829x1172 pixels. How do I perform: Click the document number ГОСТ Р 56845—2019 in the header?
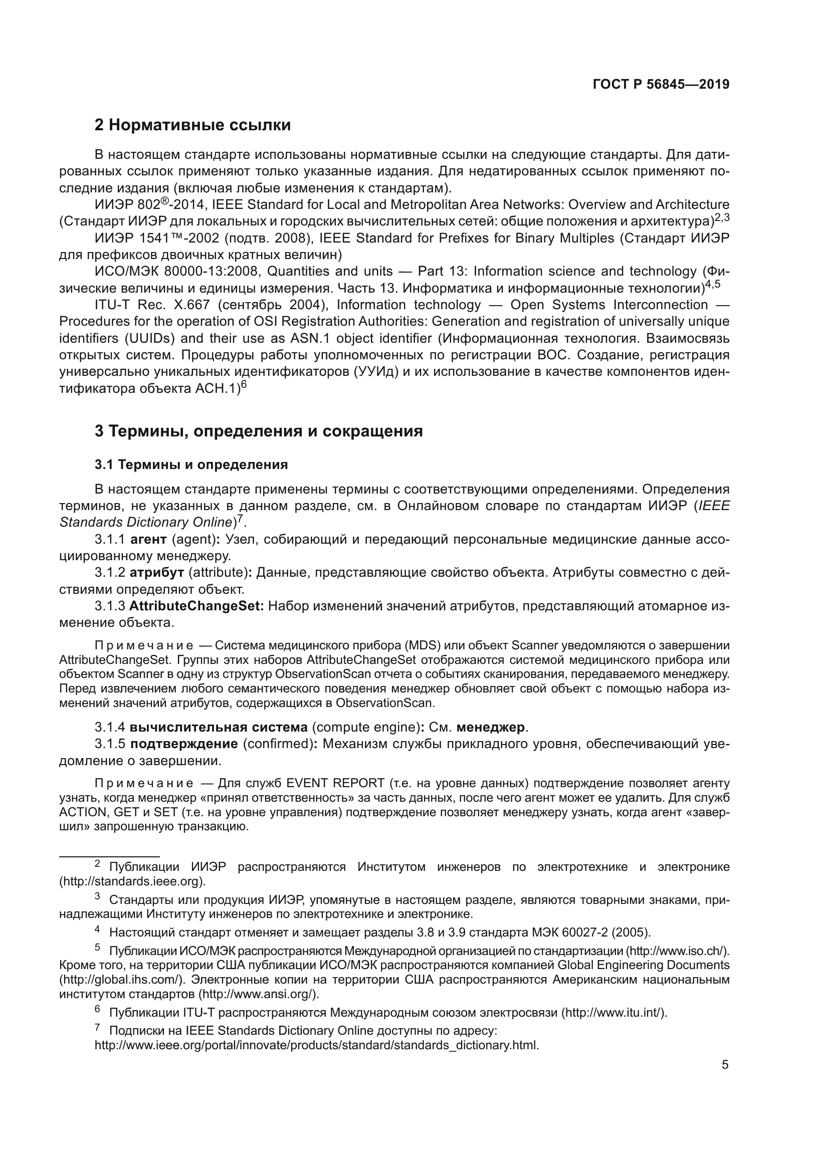click(x=661, y=85)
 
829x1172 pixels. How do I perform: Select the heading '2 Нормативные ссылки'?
click(x=192, y=125)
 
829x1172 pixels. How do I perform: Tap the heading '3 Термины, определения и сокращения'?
click(x=258, y=431)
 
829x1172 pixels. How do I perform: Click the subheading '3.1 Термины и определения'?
click(x=191, y=464)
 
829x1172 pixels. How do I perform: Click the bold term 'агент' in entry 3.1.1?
click(x=148, y=540)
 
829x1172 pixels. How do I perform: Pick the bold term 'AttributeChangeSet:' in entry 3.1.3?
click(x=196, y=606)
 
